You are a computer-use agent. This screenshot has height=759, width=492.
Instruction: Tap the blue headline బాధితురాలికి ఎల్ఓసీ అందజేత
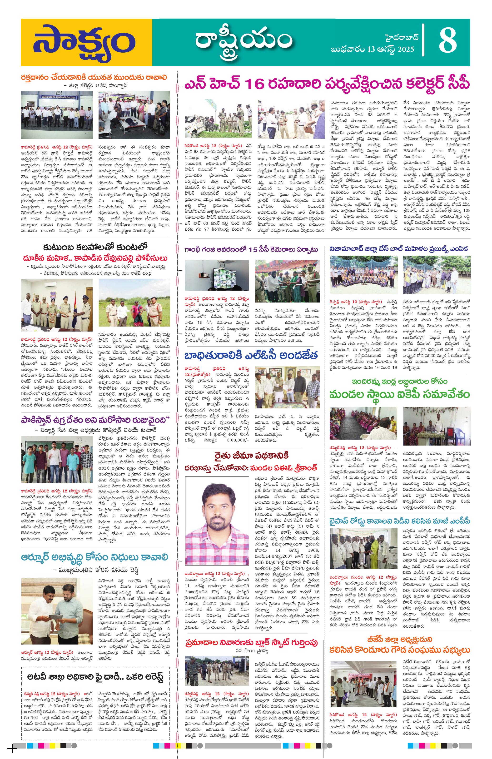click(251, 355)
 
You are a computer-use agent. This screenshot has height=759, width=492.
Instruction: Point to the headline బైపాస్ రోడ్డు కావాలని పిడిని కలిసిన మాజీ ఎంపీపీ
click(400, 521)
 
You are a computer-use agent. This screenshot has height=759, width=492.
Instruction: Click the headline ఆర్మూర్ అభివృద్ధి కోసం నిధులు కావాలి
click(94, 557)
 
